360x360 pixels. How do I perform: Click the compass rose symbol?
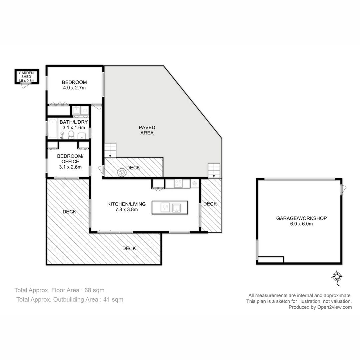click(x=337, y=277)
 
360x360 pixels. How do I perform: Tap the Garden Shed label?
click(x=26, y=75)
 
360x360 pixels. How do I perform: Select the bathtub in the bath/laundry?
click(x=53, y=128)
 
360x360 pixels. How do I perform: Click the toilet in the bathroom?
click(x=71, y=135)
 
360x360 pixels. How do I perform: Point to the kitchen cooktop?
click(x=178, y=184)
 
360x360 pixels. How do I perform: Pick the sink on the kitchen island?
click(x=176, y=208)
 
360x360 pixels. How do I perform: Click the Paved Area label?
click(x=147, y=130)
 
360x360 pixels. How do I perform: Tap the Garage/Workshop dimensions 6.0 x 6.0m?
click(x=301, y=224)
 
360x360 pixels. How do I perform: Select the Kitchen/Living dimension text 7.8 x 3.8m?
click(x=127, y=209)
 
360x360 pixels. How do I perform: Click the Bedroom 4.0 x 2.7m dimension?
click(x=74, y=88)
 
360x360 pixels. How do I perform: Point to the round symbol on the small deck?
click(x=122, y=172)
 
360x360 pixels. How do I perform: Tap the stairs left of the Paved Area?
click(x=110, y=150)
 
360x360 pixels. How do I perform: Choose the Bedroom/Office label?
click(x=70, y=159)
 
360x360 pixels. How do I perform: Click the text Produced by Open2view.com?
click(x=320, y=307)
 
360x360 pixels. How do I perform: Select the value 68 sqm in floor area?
click(x=94, y=290)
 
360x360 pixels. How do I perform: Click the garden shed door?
click(x=26, y=85)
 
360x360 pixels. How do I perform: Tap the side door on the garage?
click(x=343, y=190)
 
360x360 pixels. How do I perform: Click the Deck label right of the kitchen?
click(x=210, y=204)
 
